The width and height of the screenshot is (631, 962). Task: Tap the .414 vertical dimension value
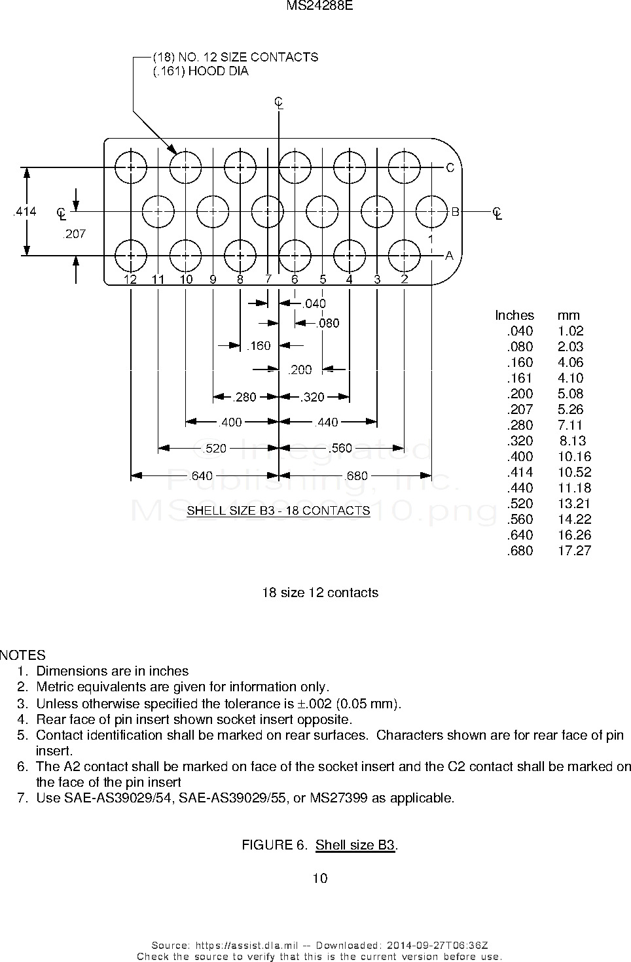click(x=25, y=211)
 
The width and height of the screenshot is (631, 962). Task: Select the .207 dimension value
click(x=74, y=233)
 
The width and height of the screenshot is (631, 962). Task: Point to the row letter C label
click(x=450, y=168)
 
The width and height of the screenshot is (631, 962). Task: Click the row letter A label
click(x=450, y=256)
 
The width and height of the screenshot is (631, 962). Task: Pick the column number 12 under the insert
click(x=130, y=279)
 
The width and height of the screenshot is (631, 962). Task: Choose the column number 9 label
click(x=213, y=279)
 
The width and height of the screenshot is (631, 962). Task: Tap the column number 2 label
click(x=405, y=279)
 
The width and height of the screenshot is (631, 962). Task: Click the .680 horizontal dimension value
click(x=356, y=475)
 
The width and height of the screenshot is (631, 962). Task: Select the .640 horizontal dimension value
click(x=200, y=475)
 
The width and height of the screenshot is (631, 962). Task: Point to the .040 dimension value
click(x=314, y=303)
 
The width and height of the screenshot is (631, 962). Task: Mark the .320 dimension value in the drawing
click(x=313, y=396)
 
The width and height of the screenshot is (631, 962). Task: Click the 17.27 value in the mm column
click(x=574, y=550)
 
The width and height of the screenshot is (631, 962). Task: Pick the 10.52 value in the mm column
click(x=574, y=472)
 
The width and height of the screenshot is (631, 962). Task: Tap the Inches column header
click(x=514, y=315)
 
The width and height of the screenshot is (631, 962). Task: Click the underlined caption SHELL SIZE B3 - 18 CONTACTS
click(x=278, y=510)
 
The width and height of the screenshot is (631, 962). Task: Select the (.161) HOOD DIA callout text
click(x=200, y=71)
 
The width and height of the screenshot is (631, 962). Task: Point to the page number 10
click(x=320, y=878)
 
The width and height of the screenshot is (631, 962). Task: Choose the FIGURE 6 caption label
click(x=274, y=845)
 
